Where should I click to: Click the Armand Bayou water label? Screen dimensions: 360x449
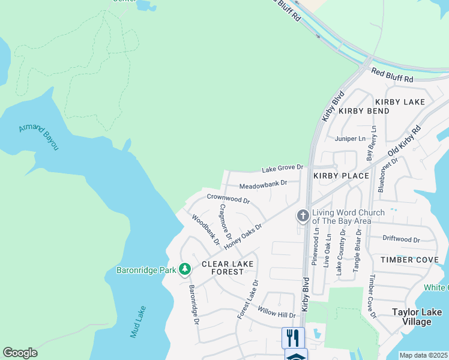click(x=39, y=137)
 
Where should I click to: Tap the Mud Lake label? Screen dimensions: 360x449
click(x=137, y=321)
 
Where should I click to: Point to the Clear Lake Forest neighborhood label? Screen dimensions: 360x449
click(x=228, y=268)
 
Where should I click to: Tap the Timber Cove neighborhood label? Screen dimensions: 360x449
click(x=409, y=260)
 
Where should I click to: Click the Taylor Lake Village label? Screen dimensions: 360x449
click(x=417, y=317)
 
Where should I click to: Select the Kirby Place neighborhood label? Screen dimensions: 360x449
click(x=340, y=176)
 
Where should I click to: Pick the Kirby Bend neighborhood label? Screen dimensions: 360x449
click(x=364, y=111)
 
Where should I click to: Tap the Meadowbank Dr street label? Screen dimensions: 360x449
click(x=264, y=184)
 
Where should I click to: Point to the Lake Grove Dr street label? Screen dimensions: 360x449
click(x=282, y=168)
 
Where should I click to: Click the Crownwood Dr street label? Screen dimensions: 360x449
click(x=228, y=198)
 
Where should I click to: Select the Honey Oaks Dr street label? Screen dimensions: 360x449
click(x=243, y=237)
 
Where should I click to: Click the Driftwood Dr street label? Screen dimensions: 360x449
click(x=401, y=240)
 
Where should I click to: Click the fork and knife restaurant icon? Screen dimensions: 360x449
click(x=293, y=337)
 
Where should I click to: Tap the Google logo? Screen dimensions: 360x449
click(x=20, y=353)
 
